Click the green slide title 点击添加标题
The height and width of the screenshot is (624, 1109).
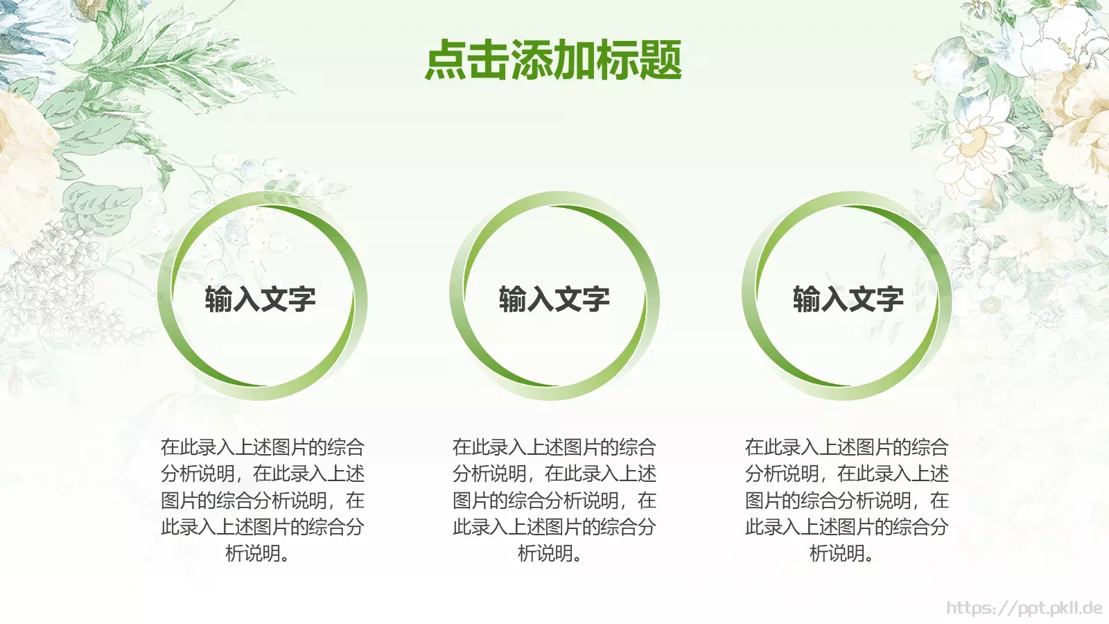[553, 60]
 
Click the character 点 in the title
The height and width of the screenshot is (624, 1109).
[446, 60]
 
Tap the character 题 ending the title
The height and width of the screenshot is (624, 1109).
[661, 60]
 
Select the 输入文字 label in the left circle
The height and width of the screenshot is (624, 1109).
[261, 300]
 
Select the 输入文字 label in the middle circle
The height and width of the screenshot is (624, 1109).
[554, 300]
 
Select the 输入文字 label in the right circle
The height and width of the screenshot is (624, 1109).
[848, 300]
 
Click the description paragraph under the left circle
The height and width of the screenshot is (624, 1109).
[262, 500]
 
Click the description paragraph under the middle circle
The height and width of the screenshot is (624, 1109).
[554, 500]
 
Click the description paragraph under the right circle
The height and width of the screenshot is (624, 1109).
[846, 500]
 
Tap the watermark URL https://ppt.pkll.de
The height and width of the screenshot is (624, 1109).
[1024, 608]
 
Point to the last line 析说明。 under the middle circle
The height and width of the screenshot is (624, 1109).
[550, 553]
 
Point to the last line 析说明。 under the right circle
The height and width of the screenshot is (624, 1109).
[841, 553]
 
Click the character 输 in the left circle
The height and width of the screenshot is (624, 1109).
[219, 300]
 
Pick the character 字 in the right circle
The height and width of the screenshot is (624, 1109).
[890, 300]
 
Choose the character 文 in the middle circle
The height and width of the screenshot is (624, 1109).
[568, 300]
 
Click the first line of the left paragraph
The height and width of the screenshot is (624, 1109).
[262, 447]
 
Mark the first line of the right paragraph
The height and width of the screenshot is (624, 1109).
[846, 447]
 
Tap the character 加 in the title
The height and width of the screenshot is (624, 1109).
[575, 60]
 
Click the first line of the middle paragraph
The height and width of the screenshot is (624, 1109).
[554, 447]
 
